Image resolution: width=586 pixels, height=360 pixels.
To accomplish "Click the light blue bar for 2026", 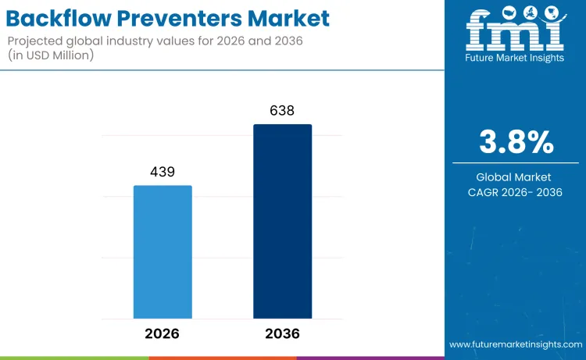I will click(163, 251).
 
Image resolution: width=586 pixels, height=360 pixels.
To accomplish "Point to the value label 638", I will click(282, 111).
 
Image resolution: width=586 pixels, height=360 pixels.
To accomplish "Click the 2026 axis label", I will click(163, 333).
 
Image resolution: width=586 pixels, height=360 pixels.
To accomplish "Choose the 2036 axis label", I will click(282, 333).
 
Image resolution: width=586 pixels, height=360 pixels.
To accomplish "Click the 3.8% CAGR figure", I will click(516, 142).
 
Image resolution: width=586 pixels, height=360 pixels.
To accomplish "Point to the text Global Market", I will click(516, 177).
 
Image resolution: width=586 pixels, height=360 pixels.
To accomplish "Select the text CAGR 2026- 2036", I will click(516, 192).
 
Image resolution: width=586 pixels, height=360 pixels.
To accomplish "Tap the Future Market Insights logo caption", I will click(515, 59).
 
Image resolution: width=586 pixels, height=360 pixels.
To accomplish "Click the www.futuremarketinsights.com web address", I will click(515, 344).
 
